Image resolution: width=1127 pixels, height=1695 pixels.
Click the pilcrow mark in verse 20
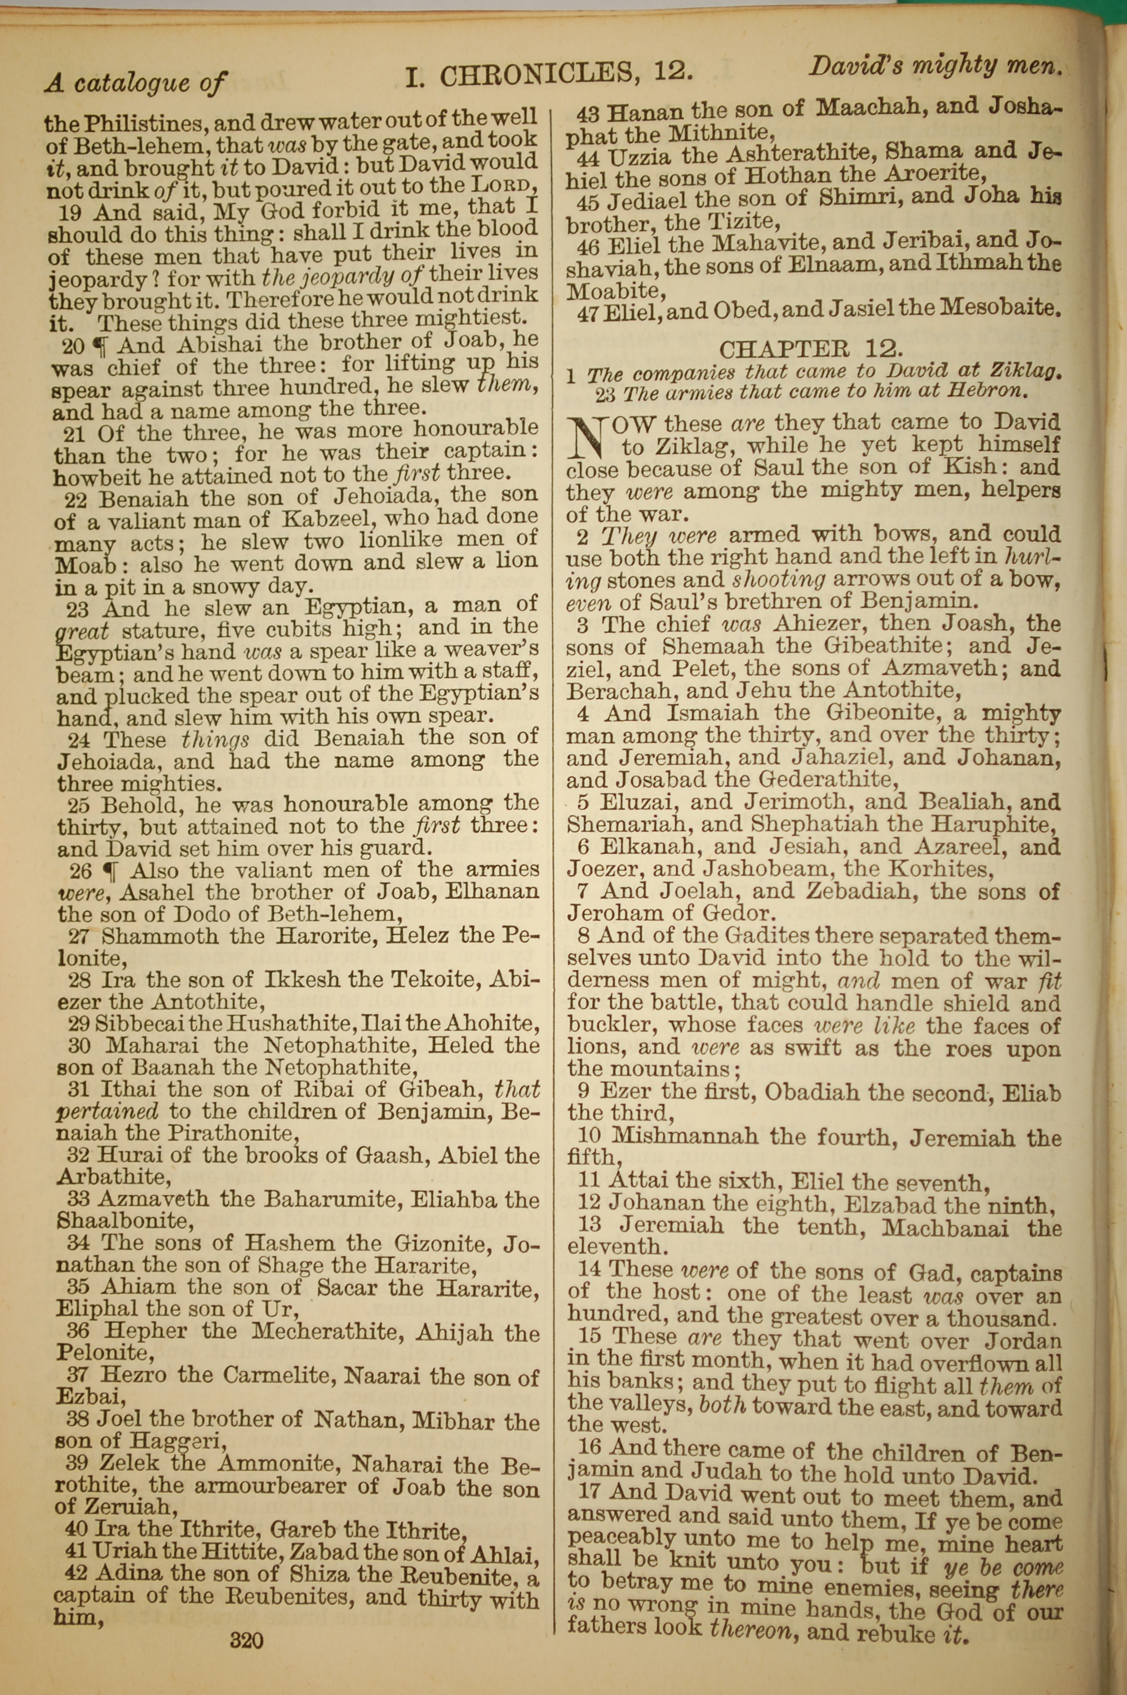pos(101,347)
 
